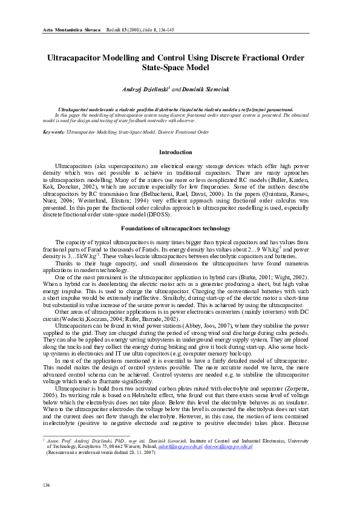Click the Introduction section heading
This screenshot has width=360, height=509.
[x=175, y=152]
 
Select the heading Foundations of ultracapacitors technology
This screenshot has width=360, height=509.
[x=175, y=228]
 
